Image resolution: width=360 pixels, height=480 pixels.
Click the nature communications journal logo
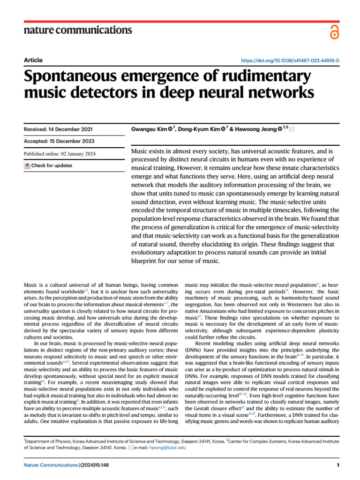pyautogui.click(x=77, y=30)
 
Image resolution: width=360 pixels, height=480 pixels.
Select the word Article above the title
pyautogui.click(x=33, y=60)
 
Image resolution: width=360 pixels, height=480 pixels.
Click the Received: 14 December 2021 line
pyautogui.click(x=58, y=129)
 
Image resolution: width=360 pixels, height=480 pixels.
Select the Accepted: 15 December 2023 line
pyautogui.click(x=59, y=141)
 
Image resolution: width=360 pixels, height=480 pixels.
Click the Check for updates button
pyautogui.click(x=49, y=165)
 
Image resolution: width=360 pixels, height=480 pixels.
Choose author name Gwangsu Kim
pyautogui.click(x=150, y=129)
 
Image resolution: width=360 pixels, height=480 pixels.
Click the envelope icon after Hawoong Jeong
pyautogui.click(x=292, y=129)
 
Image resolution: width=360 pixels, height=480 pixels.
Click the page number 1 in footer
pyautogui.click(x=337, y=465)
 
